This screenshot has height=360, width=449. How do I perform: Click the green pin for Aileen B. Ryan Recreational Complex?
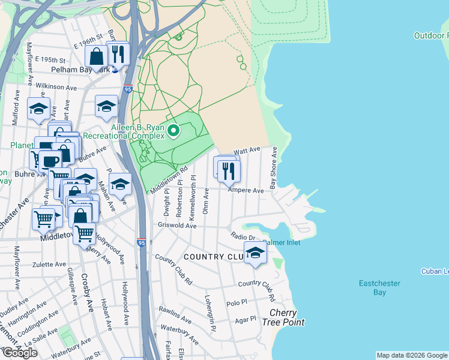(x=173, y=130)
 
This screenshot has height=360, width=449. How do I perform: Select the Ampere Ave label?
(x=246, y=190)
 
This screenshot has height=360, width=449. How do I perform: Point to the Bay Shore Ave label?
(x=273, y=169)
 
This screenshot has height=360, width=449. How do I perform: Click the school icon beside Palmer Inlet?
(x=255, y=254)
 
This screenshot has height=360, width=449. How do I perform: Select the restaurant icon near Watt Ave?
(x=229, y=171)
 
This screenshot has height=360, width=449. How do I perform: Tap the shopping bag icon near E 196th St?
(x=97, y=58)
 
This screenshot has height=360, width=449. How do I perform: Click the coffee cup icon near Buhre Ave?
(x=50, y=160)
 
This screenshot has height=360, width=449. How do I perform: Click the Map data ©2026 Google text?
(x=412, y=355)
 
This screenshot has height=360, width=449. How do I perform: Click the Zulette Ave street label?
(x=49, y=264)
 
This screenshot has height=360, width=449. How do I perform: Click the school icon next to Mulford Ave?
(x=38, y=109)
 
